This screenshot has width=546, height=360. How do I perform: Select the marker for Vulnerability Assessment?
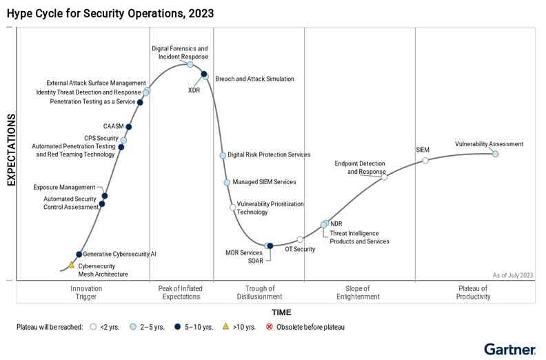click(495, 154)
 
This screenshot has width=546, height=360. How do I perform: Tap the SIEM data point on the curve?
click(425, 160)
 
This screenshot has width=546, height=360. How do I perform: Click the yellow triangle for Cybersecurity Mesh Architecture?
click(71, 265)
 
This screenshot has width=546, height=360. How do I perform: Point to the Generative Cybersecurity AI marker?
click(79, 254)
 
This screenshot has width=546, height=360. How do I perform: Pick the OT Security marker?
click(300, 239)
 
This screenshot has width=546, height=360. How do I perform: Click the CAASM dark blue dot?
click(129, 127)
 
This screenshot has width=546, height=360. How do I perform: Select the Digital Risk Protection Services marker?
click(223, 155)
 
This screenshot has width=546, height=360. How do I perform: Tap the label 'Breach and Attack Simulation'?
click(254, 79)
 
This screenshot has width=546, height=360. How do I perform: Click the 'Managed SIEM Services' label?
click(264, 182)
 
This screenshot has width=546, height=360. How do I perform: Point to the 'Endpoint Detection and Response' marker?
click(384, 177)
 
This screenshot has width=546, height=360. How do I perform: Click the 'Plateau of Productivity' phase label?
click(473, 292)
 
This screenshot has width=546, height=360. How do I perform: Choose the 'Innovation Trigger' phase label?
click(87, 292)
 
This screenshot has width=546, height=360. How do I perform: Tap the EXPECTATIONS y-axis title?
click(11, 150)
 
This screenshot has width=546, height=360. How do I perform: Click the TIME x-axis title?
click(281, 312)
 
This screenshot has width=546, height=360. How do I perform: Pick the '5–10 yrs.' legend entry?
click(194, 327)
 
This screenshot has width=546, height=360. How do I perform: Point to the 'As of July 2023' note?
click(513, 275)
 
